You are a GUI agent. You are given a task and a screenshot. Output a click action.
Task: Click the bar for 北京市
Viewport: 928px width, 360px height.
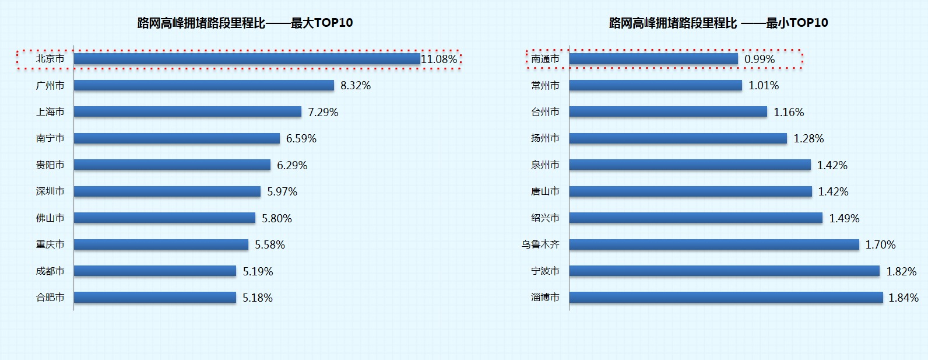(247, 59)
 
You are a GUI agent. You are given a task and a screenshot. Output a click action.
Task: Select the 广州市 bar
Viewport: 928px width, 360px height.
(203, 86)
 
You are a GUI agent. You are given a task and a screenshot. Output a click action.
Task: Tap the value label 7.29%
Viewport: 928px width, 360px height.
(323, 112)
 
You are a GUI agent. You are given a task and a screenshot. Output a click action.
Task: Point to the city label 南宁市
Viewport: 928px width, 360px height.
(50, 138)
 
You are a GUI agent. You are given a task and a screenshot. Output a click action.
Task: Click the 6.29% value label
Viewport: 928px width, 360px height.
(292, 165)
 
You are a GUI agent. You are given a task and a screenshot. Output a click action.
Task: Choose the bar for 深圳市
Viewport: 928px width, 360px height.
(167, 191)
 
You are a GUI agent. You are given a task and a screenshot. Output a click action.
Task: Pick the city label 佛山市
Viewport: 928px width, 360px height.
(50, 218)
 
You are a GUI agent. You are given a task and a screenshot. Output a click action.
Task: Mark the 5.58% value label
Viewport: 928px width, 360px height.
(270, 244)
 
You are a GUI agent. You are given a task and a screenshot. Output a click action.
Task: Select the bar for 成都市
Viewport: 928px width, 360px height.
(154, 271)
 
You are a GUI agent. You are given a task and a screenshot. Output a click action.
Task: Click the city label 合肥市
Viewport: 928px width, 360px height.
(50, 298)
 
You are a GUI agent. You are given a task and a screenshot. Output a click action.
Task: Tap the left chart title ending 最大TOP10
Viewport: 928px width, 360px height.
(245, 23)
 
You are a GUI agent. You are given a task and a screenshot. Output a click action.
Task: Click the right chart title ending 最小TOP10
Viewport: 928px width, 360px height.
(718, 23)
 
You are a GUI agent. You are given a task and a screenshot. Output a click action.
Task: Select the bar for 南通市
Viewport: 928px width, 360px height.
(653, 59)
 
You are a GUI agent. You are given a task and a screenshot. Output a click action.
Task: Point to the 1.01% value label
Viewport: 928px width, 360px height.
(764, 86)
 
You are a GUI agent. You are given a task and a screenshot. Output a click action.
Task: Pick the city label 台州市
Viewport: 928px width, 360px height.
(545, 112)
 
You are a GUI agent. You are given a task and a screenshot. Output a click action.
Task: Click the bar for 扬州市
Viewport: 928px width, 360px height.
(677, 138)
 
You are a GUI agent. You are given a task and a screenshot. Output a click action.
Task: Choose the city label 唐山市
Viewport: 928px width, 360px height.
(545, 191)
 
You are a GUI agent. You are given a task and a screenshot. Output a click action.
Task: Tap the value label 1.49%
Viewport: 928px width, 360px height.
(844, 218)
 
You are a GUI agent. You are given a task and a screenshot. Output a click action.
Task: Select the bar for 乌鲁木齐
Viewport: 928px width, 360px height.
(713, 244)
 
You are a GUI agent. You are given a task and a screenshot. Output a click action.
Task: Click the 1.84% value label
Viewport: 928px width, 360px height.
(903, 298)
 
